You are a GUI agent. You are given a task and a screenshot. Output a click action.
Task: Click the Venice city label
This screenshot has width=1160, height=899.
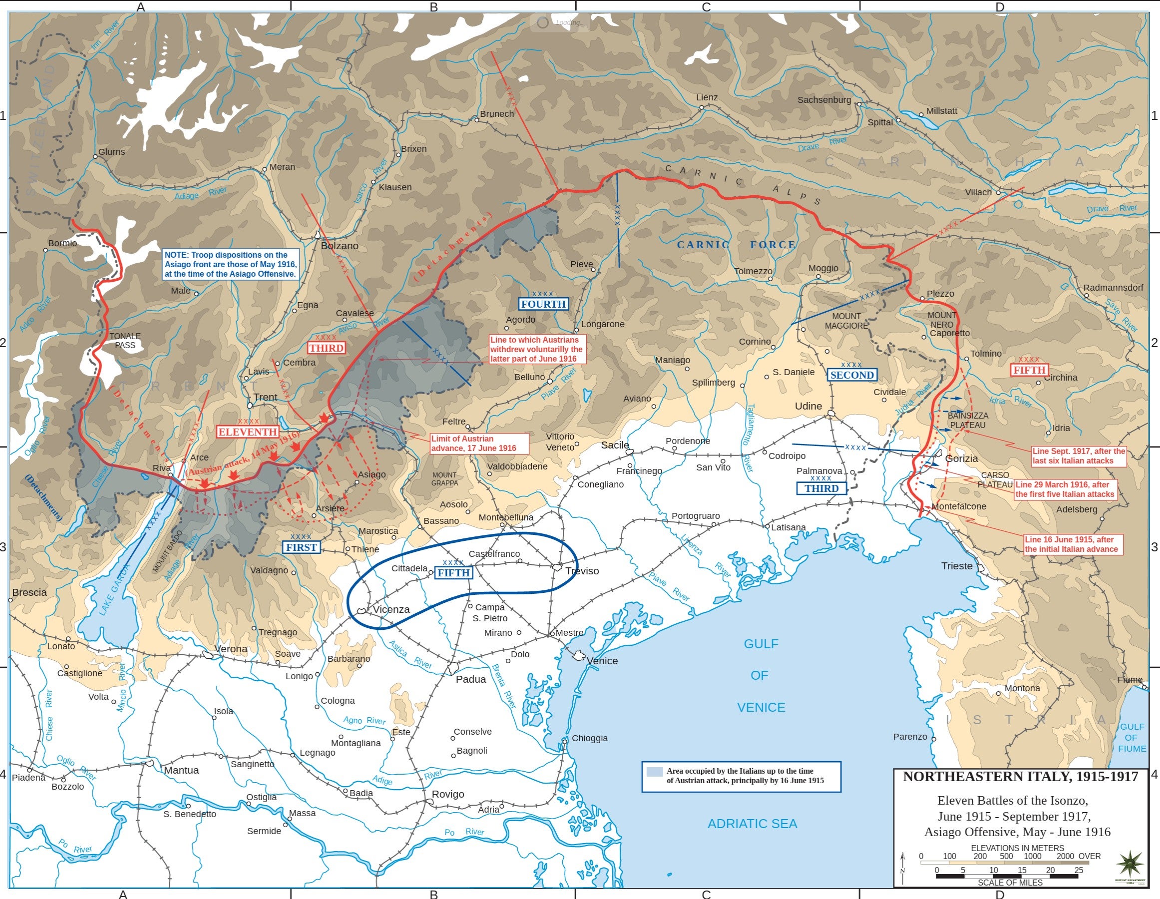pyautogui.click(x=602, y=661)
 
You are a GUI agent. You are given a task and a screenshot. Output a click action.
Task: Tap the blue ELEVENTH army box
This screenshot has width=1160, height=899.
pyautogui.click(x=248, y=432)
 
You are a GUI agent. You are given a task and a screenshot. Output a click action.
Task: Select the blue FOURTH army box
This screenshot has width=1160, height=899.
pyautogui.click(x=543, y=304)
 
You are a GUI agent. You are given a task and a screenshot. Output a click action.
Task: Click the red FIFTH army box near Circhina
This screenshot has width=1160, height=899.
pyautogui.click(x=1029, y=370)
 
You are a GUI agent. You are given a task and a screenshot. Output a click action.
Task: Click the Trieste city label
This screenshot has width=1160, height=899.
pyautogui.click(x=957, y=566)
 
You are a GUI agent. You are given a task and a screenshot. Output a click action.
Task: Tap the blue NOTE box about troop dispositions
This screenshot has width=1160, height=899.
pyautogui.click(x=230, y=264)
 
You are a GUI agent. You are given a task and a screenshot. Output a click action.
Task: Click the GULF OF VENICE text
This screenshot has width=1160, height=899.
pyautogui.click(x=760, y=675)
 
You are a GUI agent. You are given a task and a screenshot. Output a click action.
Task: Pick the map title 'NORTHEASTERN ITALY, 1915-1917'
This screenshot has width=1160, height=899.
pyautogui.click(x=1020, y=777)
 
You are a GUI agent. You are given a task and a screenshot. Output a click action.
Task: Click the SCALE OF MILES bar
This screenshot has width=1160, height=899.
pyautogui.click(x=1008, y=876)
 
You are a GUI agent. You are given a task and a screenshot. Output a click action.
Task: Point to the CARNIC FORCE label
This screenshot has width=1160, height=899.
pyautogui.click(x=736, y=245)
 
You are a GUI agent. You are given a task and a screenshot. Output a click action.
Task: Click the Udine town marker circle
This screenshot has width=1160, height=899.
pyautogui.click(x=831, y=414)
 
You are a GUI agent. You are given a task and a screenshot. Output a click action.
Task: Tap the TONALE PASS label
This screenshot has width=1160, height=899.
pyautogui.click(x=125, y=341)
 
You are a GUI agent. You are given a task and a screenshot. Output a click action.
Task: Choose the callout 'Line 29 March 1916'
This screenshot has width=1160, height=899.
pyautogui.click(x=1065, y=489)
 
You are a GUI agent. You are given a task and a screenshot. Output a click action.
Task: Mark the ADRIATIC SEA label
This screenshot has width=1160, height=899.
pyautogui.click(x=752, y=824)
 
